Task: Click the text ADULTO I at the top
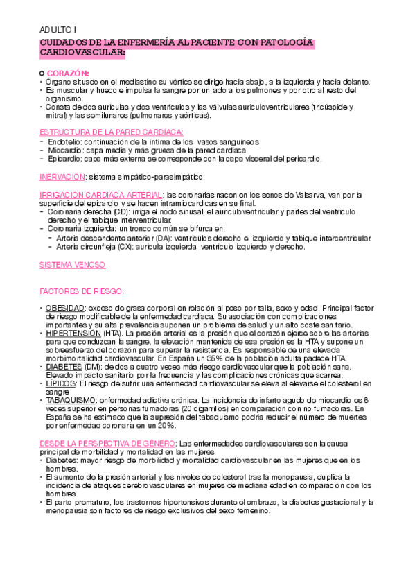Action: [x=58, y=31]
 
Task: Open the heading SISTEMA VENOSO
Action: [x=73, y=265]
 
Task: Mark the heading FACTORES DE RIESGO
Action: [x=82, y=291]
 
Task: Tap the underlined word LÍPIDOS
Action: [x=60, y=383]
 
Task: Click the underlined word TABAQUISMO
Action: [x=71, y=400]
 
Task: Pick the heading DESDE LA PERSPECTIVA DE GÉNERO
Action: [x=108, y=443]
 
